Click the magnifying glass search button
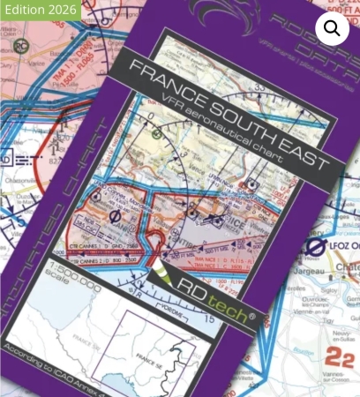pos(332,29)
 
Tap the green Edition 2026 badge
pos(41,10)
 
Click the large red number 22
pos(339,356)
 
